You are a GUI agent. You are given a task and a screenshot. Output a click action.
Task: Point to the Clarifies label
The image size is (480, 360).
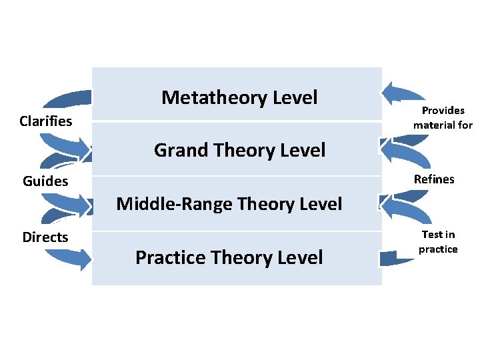click(x=46, y=121)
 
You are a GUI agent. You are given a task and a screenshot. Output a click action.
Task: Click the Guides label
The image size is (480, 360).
click(x=45, y=181)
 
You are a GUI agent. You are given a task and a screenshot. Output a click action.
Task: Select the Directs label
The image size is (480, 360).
click(x=45, y=237)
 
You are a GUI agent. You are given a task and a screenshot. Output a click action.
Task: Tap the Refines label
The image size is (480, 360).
click(x=434, y=179)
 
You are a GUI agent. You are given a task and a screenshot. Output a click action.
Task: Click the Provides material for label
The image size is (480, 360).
click(x=443, y=117)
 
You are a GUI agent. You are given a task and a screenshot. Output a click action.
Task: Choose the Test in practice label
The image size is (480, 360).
click(x=438, y=241)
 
